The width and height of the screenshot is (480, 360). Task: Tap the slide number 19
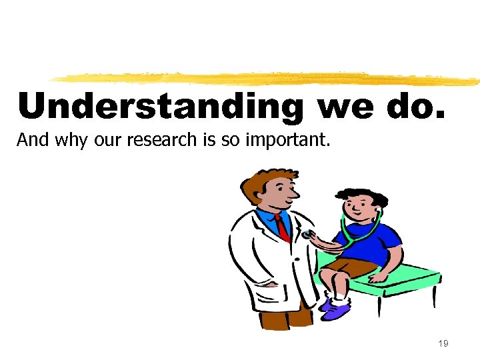point(443,343)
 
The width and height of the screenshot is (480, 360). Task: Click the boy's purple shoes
point(334,307)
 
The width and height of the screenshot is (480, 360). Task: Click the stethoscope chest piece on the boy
point(307,235)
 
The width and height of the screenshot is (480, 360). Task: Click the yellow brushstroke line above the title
point(267,78)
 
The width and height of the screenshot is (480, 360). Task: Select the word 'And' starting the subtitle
point(29,141)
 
